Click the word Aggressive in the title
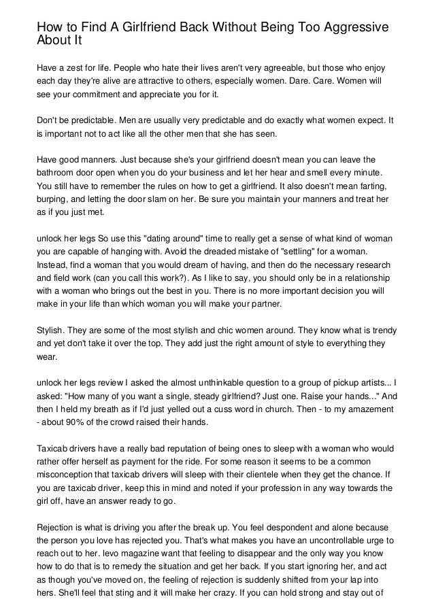click(x=351, y=27)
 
